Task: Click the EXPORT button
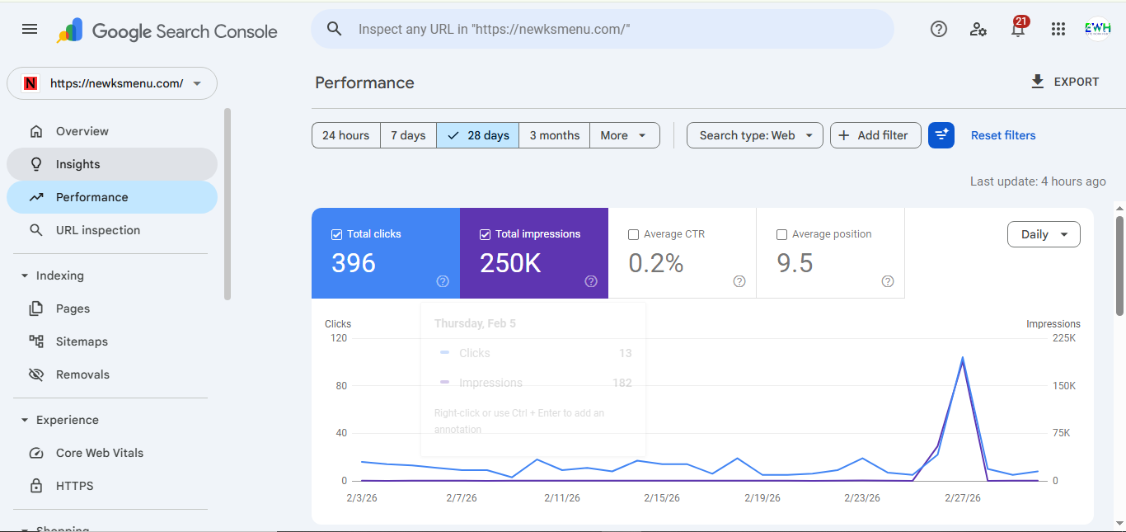coord(1065,82)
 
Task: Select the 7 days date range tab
coord(408,135)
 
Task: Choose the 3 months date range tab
coord(554,135)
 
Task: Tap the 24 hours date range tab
coord(345,135)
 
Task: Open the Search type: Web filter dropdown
coord(754,135)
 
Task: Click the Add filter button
coord(875,135)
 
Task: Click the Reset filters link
coord(1003,135)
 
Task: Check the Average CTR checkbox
coord(634,234)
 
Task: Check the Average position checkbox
coord(782,234)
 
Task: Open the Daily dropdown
coord(1044,234)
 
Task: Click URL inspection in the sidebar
coord(97,230)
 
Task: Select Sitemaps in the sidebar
coord(82,341)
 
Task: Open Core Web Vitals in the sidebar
coord(99,453)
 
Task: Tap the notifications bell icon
coord(1018,30)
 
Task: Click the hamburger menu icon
coord(30,29)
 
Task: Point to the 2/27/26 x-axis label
coord(962,498)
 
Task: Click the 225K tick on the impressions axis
coord(1063,338)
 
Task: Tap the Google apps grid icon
coord(1058,29)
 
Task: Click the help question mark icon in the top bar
coord(939,29)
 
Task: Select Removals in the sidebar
coord(82,374)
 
